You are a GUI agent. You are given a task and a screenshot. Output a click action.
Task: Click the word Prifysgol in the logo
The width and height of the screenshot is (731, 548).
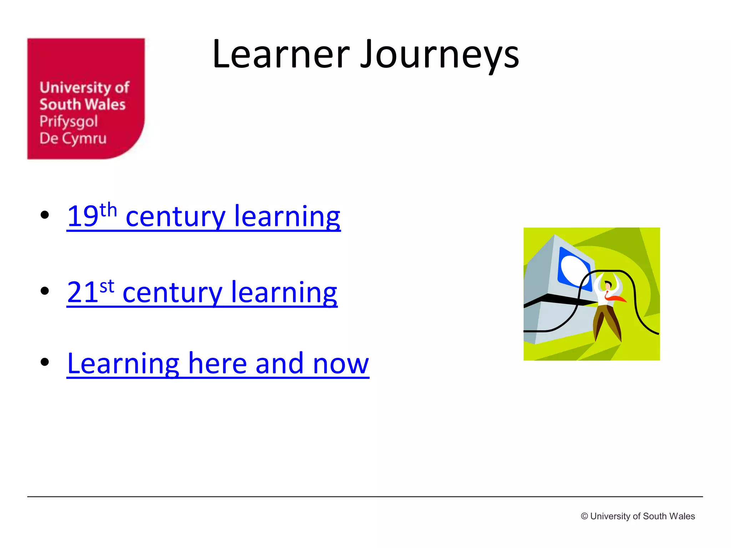point(69,122)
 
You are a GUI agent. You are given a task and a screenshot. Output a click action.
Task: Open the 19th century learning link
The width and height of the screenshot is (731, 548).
point(203,216)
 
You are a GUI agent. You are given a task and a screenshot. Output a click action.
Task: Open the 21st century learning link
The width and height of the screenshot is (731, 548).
point(202,292)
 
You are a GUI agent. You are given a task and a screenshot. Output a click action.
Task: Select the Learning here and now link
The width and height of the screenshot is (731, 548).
point(218,364)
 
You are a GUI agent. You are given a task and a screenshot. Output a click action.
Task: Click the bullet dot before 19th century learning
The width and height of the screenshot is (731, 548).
point(45,215)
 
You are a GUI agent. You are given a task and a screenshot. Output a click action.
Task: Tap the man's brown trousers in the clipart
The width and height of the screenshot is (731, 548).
point(607,319)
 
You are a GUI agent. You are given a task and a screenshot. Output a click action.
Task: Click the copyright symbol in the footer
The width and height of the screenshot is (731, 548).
point(584,516)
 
